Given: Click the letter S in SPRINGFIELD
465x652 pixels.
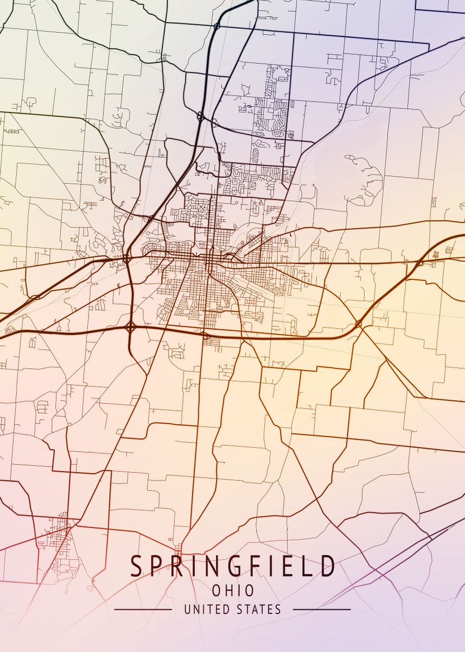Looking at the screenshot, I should pos(136,566).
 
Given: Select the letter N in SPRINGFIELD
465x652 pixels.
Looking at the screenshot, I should pos(216,566).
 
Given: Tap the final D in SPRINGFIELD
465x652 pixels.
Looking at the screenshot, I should pos(327,566).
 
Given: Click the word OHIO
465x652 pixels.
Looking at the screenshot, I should pos(233,591).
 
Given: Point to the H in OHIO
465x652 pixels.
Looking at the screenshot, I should pos(228,591).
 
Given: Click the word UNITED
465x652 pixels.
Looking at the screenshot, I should pos(205,609).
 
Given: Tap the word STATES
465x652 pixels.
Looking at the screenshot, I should pos(258,609).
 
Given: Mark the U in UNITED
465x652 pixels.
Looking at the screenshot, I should pos(187,609).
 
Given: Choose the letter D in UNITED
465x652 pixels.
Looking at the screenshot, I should pos(223,609).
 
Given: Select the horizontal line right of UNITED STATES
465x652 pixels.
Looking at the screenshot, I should pos(322,609).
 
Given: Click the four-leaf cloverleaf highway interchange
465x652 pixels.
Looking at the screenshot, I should pos(131,327).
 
